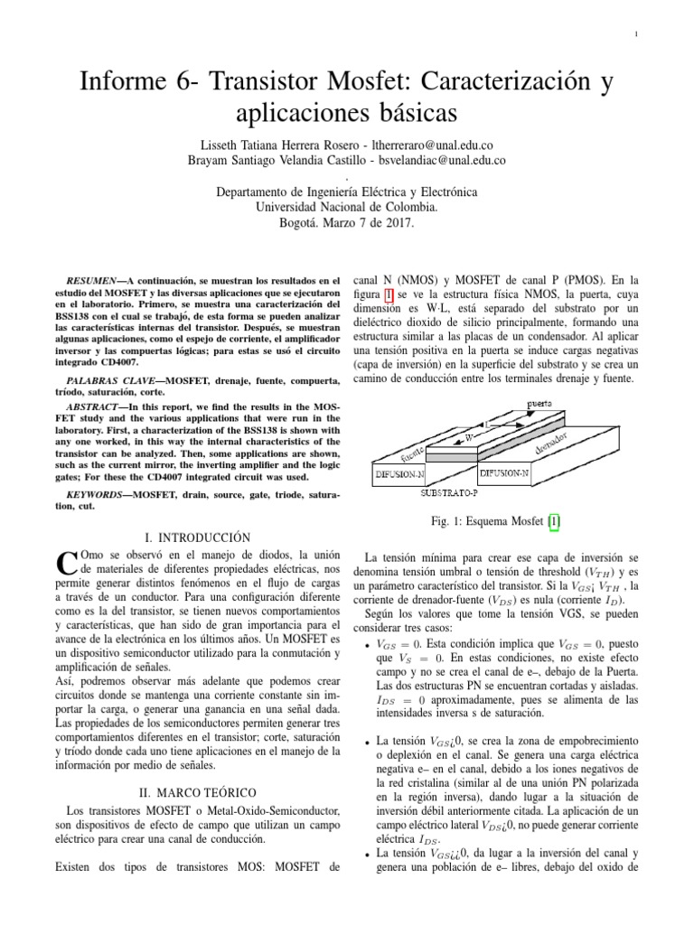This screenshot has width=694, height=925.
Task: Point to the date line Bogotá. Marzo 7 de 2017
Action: [x=347, y=221]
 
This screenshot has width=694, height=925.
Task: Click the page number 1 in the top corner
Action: [x=637, y=34]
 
